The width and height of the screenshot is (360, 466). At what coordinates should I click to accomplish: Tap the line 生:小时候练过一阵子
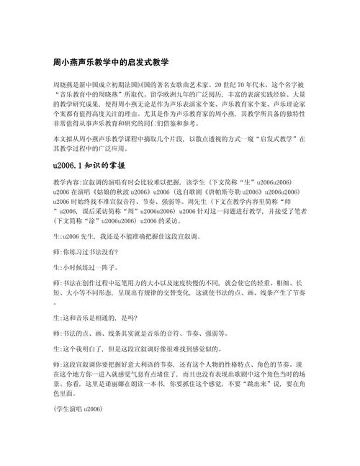pos(78,268)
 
